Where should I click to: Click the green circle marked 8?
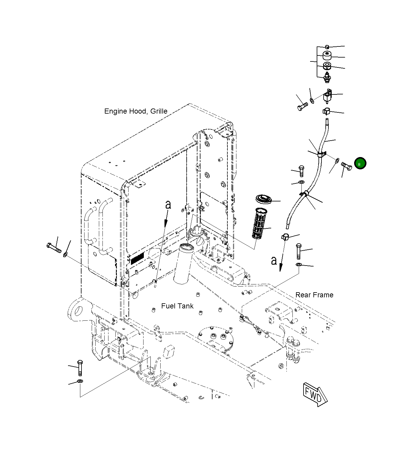click(x=360, y=163)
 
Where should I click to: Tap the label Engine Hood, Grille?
click(x=136, y=111)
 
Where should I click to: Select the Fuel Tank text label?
click(x=177, y=306)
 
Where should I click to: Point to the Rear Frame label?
click(x=314, y=295)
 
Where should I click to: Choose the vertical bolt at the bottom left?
click(x=80, y=367)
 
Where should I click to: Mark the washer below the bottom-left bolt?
click(x=80, y=381)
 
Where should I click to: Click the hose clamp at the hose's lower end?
click(x=285, y=237)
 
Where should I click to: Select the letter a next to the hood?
click(x=168, y=205)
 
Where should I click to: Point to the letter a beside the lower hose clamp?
click(x=274, y=260)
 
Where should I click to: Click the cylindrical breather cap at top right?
click(x=327, y=55)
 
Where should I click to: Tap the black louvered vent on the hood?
click(x=137, y=258)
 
